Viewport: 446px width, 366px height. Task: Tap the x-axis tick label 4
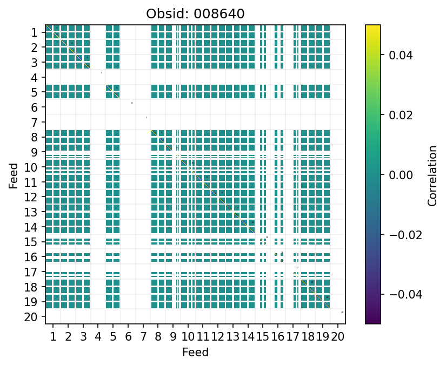[98, 338]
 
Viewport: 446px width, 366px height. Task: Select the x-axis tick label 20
[338, 338]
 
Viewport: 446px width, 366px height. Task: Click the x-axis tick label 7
[143, 338]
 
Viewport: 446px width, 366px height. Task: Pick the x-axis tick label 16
[278, 338]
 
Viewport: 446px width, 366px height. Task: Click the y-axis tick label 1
[35, 32]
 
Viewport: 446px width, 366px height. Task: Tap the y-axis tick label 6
[35, 107]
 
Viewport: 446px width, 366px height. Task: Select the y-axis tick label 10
[32, 167]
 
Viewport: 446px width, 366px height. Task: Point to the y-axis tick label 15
[32, 242]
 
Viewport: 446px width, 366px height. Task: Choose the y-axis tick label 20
[32, 317]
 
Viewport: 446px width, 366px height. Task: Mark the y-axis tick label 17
[32, 272]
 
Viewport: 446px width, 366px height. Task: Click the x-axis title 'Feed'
[195, 353]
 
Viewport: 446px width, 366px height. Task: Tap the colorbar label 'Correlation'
[432, 174]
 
